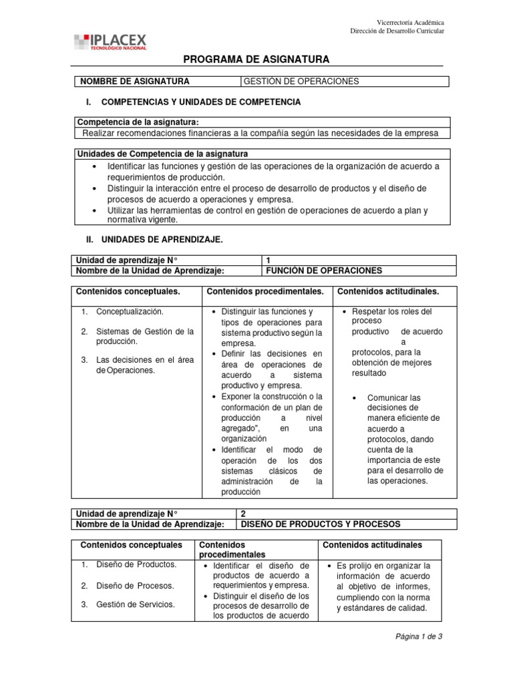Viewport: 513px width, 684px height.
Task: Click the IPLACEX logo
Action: tap(110, 42)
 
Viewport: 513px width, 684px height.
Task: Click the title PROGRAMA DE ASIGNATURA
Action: tap(256, 59)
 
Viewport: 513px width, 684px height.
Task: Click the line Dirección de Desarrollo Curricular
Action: tap(397, 31)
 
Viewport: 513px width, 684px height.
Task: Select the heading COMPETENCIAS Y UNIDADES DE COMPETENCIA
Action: tap(200, 102)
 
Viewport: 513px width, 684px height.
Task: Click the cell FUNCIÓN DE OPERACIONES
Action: tap(324, 271)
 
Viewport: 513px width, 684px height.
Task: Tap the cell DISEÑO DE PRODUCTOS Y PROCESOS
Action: tap(320, 524)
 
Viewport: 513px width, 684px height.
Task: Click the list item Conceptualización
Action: tap(130, 311)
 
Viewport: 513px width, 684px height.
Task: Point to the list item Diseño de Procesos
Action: tap(135, 586)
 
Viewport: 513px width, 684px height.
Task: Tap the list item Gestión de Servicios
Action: tap(136, 605)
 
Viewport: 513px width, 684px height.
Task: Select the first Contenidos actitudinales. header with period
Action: tap(388, 292)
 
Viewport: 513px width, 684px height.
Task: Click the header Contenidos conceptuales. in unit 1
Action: tap(128, 292)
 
